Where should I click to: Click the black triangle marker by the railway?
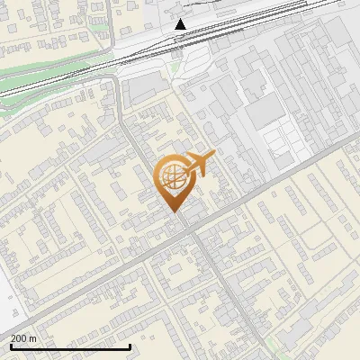coord(181,24)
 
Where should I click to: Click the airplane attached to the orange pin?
coord(198,163)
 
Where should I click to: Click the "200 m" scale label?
coord(23,337)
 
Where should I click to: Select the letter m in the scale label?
coord(32,337)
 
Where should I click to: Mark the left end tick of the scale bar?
coord(11,345)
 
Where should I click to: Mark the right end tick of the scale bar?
coord(130,345)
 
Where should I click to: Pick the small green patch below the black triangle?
coord(175,67)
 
